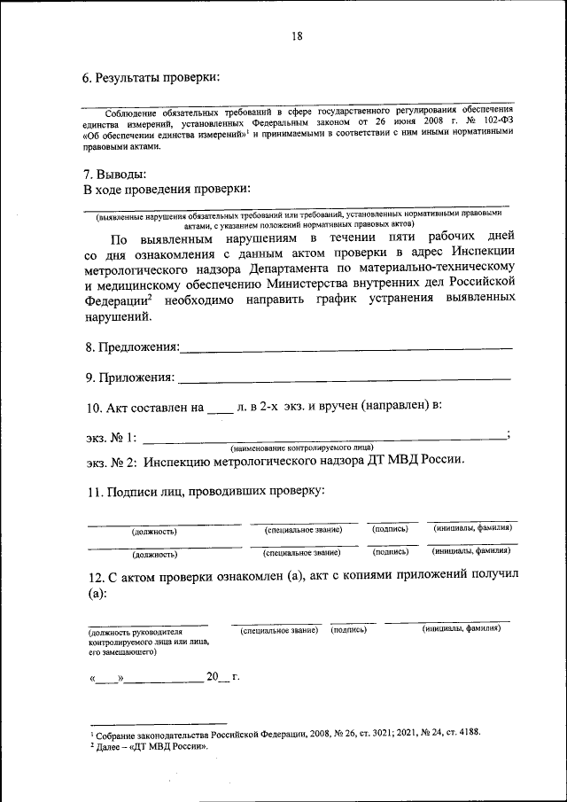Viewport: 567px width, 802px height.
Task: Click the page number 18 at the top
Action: click(296, 36)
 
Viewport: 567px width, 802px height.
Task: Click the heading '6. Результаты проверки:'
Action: click(151, 77)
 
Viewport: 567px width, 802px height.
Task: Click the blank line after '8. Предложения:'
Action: click(346, 346)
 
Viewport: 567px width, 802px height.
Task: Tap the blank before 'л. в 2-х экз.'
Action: click(218, 410)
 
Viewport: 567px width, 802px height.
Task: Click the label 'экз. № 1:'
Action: click(110, 437)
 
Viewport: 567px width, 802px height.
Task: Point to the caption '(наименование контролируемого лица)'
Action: click(301, 448)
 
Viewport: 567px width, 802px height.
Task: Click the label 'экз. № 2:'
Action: click(110, 461)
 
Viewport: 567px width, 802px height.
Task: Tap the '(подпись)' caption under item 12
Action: click(348, 630)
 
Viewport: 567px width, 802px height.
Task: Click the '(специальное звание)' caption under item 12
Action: click(279, 630)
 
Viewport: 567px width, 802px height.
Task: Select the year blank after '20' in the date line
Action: click(224, 678)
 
